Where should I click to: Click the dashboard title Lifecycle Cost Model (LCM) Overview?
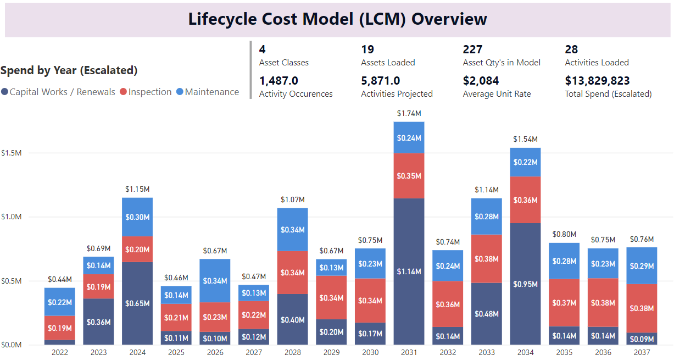point(337,19)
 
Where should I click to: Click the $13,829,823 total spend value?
point(597,81)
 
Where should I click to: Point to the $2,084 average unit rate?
point(481,81)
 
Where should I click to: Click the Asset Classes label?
point(283,63)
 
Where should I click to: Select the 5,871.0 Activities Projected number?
point(380,81)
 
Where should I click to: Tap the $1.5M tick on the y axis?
point(11,152)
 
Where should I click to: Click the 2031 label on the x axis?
point(409,352)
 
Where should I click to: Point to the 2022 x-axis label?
point(60,352)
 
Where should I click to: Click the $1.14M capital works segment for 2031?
point(409,272)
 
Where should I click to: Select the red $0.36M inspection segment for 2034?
point(525,200)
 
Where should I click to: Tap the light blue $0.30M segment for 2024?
point(137,217)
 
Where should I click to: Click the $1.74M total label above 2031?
point(409,113)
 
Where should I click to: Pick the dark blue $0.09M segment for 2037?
point(642,339)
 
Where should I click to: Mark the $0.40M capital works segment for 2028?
point(292,319)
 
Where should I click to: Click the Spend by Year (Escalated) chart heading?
point(69,70)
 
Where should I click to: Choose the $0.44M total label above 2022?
point(60,279)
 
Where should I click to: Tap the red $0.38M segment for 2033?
point(486,258)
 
